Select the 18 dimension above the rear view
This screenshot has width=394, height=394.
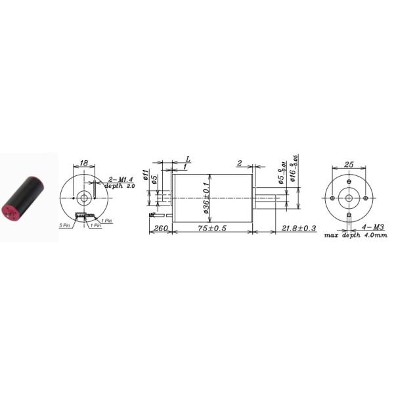click(x=83, y=163)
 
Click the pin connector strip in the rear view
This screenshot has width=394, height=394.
click(x=83, y=217)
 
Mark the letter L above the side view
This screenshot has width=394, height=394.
click(x=188, y=160)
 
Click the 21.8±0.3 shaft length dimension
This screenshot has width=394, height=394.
click(x=299, y=229)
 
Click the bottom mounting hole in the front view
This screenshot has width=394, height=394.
click(x=348, y=214)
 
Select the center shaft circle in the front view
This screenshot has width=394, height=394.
click(x=348, y=197)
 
